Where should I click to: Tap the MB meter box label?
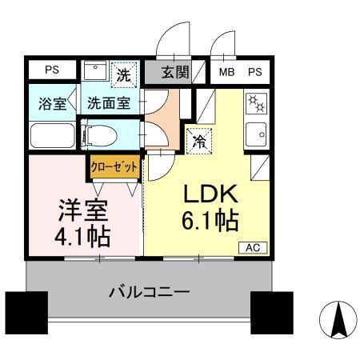(226, 71)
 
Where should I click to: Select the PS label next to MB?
(254, 71)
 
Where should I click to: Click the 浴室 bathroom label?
(52, 104)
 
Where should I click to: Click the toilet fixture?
(109, 132)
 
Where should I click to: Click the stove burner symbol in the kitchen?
(258, 103)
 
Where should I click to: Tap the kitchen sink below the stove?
(258, 134)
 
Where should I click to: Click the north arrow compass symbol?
(335, 322)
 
